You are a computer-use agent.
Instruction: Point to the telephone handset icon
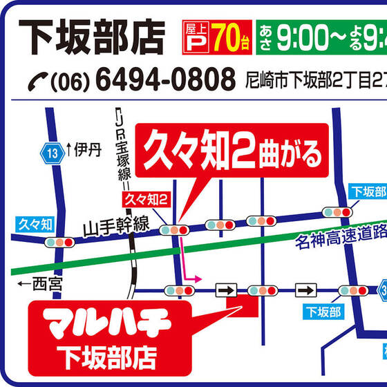pyautogui.click(x=36, y=82)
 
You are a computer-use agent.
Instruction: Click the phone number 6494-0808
pyautogui.click(x=164, y=81)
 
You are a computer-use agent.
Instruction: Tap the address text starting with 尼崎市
pyautogui.click(x=315, y=82)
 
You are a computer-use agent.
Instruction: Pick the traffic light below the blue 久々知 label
pyautogui.click(x=59, y=243)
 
